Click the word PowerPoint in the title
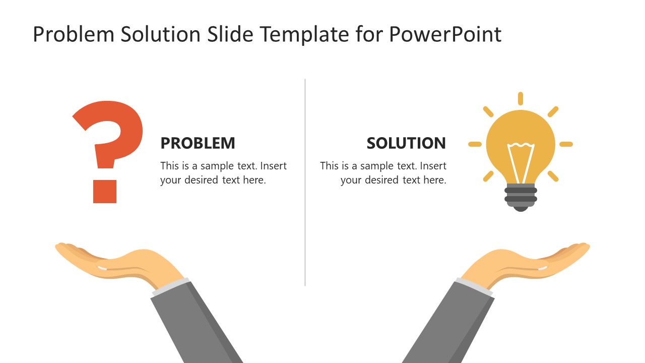445,34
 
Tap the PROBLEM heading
198,143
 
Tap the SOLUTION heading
406,143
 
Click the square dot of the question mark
105,192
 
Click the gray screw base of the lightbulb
521,197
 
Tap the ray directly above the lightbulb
521,98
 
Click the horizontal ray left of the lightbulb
475,144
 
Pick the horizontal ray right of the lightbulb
566,144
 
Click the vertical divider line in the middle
305,183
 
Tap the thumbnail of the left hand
102,268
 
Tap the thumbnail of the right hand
543,268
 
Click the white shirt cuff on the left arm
171,287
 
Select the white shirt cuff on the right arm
474,287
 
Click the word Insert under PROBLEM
273,166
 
